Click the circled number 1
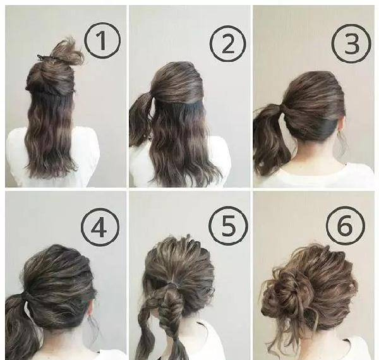pyautogui.click(x=102, y=40)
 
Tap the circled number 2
pyautogui.click(x=227, y=44)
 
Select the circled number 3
pyautogui.click(x=351, y=44)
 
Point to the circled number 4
pyautogui.click(x=100, y=227)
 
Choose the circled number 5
pyautogui.click(x=228, y=226)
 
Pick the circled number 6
pyautogui.click(x=345, y=225)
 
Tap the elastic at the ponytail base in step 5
pyautogui.click(x=172, y=285)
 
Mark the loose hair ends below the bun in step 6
pyautogui.click(x=286, y=336)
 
